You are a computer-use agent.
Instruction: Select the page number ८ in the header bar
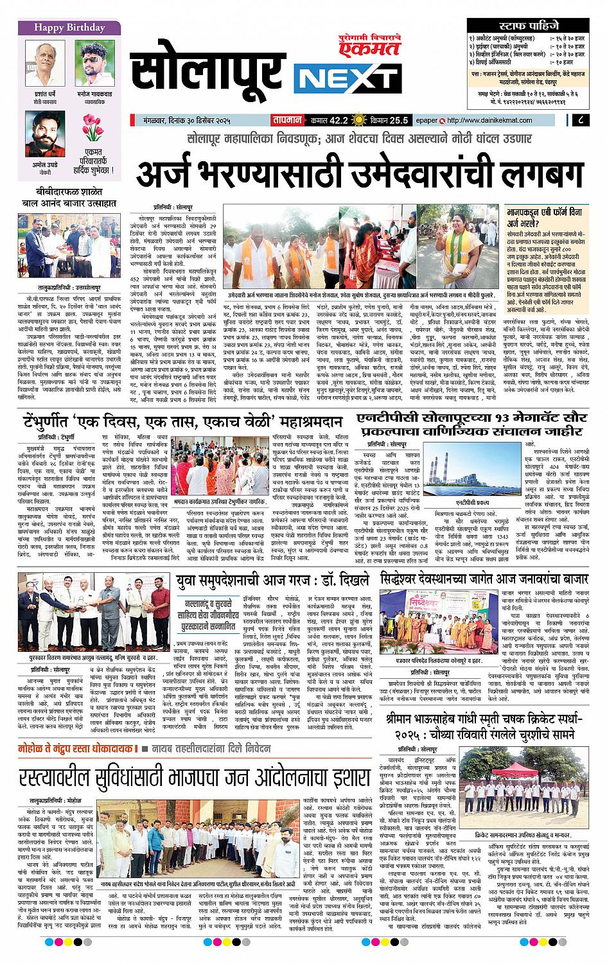click(580, 119)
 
